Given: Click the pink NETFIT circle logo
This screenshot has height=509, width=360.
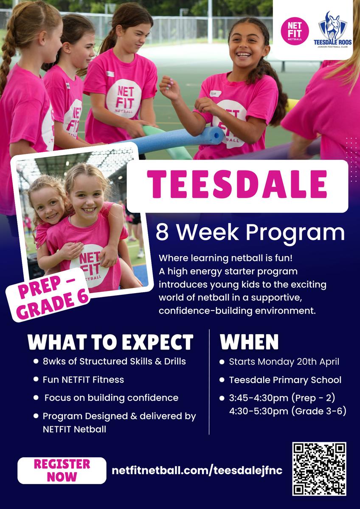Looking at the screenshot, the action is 295,31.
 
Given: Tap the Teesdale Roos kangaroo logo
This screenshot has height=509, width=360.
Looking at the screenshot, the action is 333,30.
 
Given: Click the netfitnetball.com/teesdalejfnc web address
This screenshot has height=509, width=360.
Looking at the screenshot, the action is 197,470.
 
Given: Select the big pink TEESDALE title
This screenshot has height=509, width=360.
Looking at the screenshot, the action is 237,184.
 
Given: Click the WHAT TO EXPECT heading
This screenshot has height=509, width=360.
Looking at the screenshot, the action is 110,342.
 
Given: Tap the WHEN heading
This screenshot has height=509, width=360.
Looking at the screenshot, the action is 249,342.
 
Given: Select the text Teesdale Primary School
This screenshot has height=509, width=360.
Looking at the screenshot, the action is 285,380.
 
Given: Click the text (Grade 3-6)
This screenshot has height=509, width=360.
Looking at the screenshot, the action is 319,411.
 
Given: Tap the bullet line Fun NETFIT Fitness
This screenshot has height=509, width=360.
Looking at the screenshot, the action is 83,380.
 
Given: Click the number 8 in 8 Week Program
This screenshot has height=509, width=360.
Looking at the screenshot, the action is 162,232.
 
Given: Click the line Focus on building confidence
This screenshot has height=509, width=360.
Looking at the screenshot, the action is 111,398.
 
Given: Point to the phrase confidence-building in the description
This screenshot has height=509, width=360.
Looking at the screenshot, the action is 205,310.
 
